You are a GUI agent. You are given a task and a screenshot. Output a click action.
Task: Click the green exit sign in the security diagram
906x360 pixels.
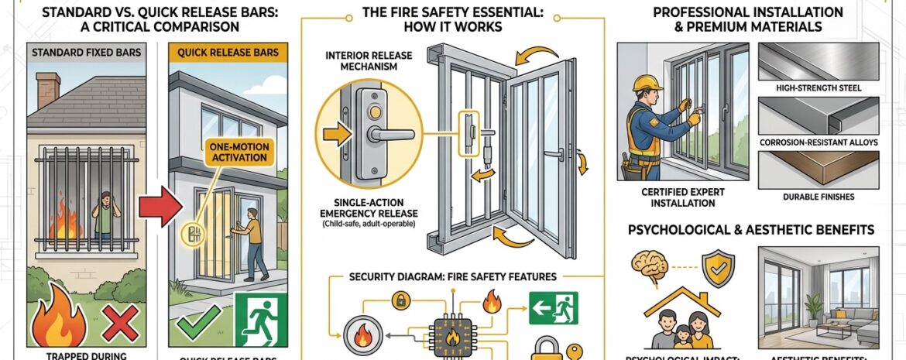(554, 307)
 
